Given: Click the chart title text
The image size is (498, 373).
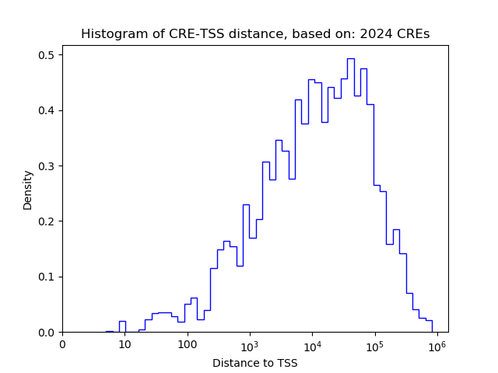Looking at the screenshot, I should (x=255, y=34).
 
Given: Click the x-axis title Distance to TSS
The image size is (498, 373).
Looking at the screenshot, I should (x=255, y=363).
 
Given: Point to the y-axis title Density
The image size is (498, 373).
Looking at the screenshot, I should (x=28, y=190).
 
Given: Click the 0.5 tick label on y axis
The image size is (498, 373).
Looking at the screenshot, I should (x=47, y=55).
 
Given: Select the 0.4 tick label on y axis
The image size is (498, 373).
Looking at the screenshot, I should (x=47, y=110).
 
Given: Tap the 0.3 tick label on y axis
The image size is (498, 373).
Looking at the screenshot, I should (x=47, y=166).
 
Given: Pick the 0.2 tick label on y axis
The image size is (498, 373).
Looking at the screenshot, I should (x=47, y=221).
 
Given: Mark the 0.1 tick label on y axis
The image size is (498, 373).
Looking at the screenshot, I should (x=47, y=277).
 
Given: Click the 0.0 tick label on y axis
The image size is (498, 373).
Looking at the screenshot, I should (x=47, y=333).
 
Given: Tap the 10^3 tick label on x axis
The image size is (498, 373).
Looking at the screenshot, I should (x=250, y=343).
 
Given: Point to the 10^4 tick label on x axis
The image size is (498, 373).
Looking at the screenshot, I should (x=312, y=343).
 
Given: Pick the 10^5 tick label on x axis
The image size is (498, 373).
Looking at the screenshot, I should (x=374, y=343).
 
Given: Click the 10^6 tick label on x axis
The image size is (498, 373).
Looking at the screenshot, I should (x=437, y=343).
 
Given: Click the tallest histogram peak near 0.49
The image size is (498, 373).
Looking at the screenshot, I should (x=350, y=59).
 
